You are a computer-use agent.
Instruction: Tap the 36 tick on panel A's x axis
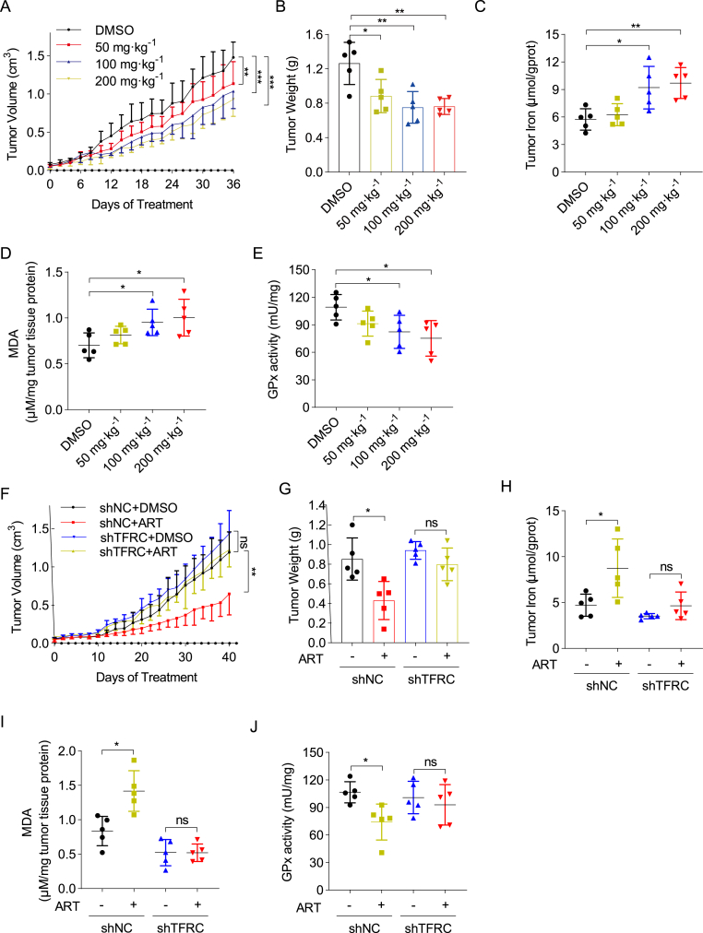[x=233, y=183]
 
